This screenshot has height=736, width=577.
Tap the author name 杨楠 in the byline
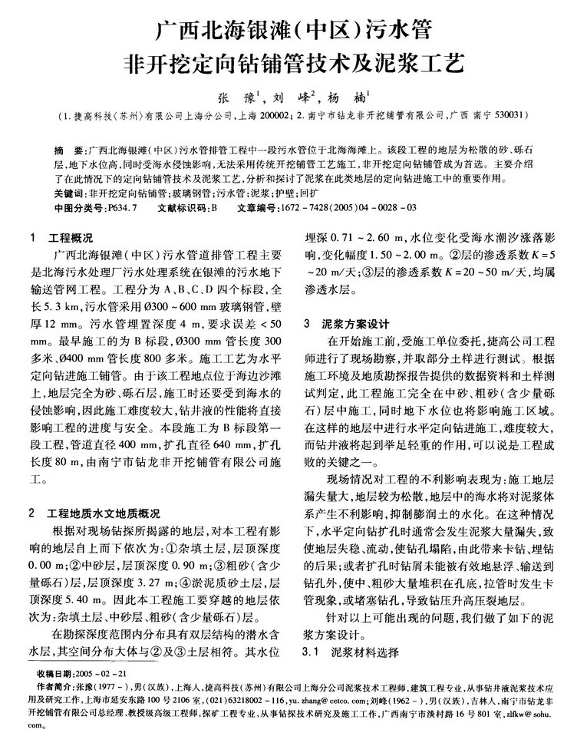point(343,98)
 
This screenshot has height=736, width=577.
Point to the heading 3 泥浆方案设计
point(340,323)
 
